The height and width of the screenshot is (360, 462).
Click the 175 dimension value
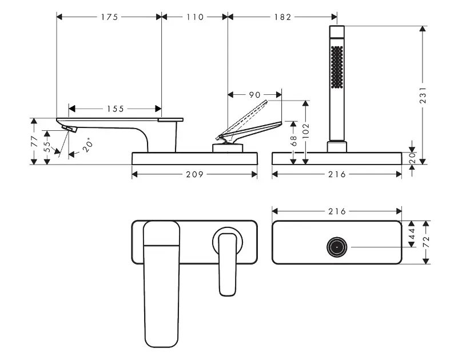tap(109, 17)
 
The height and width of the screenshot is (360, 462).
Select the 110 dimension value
tap(194, 17)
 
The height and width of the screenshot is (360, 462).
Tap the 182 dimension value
tap(282, 17)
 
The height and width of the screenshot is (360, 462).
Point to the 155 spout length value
tap(115, 108)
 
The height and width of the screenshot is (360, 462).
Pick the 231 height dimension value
tap(423, 94)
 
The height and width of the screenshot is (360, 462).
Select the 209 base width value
tap(194, 174)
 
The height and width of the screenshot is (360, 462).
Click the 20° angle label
tap(87, 145)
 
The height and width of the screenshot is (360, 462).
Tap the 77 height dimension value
tap(35, 141)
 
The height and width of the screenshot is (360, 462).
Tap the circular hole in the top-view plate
tap(336, 247)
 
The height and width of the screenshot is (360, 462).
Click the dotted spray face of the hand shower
tap(336, 67)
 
